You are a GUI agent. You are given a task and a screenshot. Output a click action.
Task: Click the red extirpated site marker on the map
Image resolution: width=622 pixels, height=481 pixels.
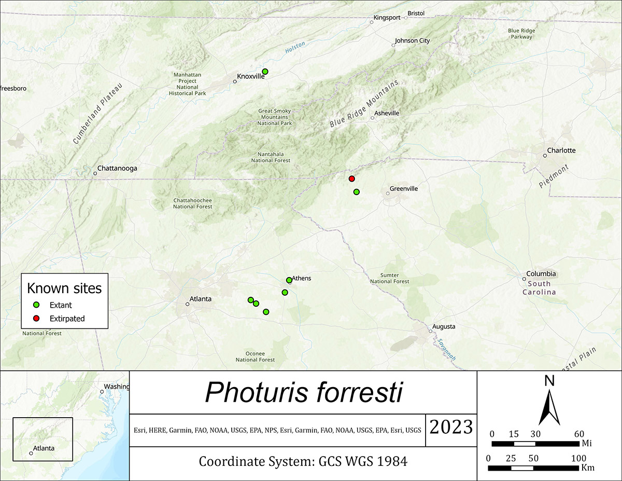click(351, 178)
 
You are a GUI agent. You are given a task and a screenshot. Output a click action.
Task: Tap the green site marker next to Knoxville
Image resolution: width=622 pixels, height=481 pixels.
click(265, 71)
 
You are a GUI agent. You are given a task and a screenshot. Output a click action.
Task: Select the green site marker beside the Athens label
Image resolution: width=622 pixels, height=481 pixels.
click(289, 280)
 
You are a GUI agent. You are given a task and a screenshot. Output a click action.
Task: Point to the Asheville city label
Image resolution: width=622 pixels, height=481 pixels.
click(387, 113)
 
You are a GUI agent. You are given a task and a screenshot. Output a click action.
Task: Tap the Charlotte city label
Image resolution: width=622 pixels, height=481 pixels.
click(562, 150)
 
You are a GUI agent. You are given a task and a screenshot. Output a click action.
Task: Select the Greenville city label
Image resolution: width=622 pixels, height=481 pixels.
click(403, 189)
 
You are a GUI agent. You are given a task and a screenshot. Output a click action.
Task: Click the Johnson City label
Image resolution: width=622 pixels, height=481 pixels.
click(412, 40)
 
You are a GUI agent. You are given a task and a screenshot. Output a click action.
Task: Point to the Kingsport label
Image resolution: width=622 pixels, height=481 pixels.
click(387, 18)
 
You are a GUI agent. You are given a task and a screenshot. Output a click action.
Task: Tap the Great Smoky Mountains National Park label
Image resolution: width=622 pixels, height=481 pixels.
click(275, 117)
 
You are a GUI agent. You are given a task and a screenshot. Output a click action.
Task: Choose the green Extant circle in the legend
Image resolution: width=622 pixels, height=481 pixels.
click(37, 305)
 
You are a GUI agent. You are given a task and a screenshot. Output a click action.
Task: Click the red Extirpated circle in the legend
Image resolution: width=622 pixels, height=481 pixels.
click(37, 318)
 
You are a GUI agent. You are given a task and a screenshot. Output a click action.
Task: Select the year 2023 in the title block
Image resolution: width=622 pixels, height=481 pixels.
click(450, 427)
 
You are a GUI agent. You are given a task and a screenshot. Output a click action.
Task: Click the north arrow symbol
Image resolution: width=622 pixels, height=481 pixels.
click(549, 409)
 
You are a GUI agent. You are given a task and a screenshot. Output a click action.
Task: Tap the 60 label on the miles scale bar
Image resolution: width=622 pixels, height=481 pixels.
click(579, 434)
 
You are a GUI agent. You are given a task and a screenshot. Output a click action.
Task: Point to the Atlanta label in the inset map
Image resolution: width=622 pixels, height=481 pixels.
click(43, 448)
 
